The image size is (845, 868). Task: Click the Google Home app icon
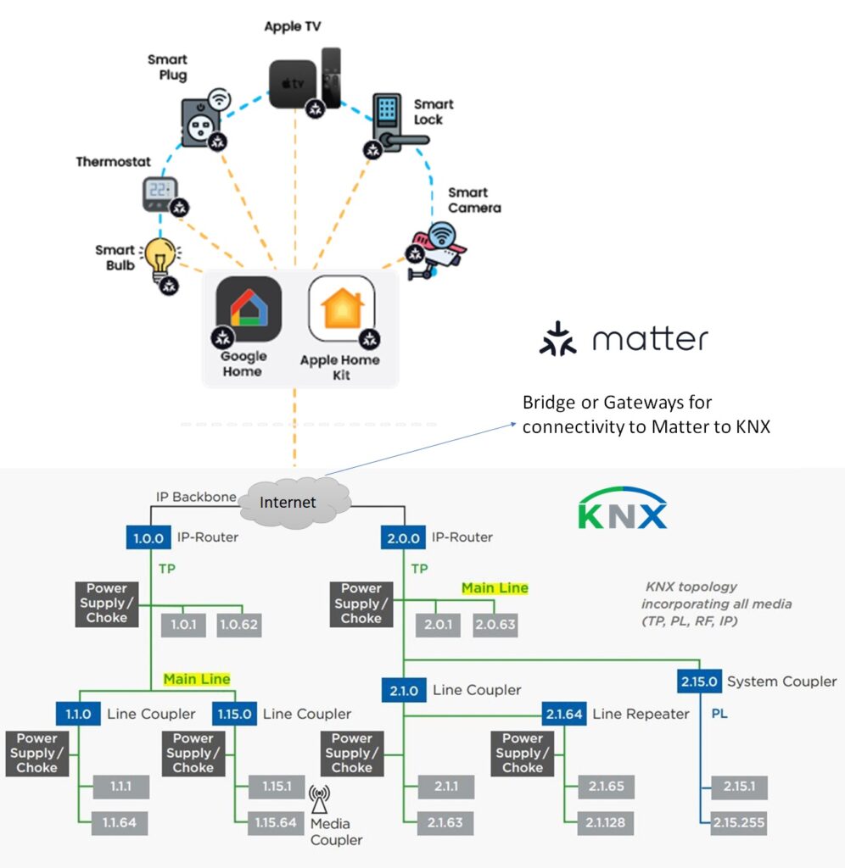248,309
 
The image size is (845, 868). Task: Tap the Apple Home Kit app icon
341,309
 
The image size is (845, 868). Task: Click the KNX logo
623,509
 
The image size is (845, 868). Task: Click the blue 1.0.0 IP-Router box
150,537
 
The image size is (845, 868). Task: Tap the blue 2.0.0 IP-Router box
403,537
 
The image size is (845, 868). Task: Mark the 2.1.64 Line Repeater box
563,714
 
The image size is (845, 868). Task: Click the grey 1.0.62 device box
239,626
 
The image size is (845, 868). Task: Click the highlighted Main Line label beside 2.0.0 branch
495,587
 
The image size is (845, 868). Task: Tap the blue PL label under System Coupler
719,714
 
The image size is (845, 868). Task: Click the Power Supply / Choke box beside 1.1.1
37,753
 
